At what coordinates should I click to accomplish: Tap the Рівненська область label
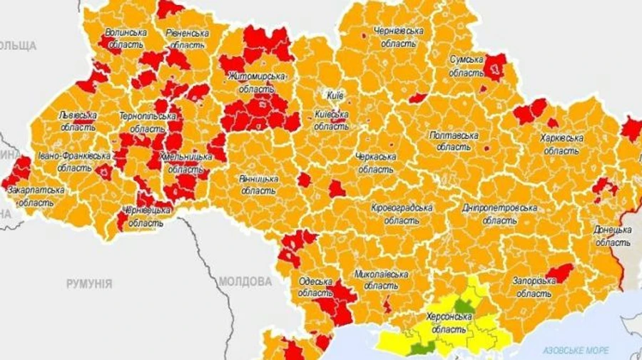[x=187, y=38]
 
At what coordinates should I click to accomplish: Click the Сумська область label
[x=467, y=66]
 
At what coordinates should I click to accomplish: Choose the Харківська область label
[x=562, y=144]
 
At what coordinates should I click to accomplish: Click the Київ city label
[x=335, y=95]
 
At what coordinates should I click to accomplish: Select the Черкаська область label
[x=375, y=163]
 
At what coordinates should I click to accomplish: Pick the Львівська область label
[x=78, y=120]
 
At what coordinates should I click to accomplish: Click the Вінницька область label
[x=258, y=185]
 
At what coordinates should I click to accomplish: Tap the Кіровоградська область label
[x=402, y=214]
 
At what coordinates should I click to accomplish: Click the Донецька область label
[x=612, y=236]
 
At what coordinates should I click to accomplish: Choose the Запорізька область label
[x=534, y=287]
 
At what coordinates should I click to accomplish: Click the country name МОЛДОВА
[x=245, y=281]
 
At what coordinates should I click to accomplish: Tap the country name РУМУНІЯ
[x=89, y=284]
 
